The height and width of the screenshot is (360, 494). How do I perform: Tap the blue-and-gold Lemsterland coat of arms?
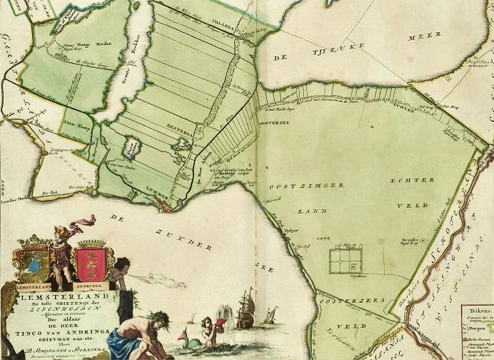(x=32, y=262)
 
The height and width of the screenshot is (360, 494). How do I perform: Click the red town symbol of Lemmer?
(x=166, y=206)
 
